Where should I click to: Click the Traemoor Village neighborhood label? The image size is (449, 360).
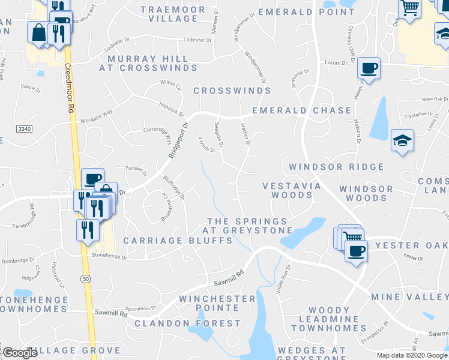point(169,14)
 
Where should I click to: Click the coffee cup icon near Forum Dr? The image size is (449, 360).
point(369,67)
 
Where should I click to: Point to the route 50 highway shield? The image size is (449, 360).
point(86,278)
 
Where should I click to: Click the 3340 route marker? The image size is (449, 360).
point(25,129)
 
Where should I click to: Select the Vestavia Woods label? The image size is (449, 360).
point(291,191)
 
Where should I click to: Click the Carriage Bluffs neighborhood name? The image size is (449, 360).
point(178,241)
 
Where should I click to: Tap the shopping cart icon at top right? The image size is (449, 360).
point(409,8)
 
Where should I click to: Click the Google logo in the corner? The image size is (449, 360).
point(20,353)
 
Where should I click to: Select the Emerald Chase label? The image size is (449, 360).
point(301,110)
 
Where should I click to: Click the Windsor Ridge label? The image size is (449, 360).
point(336,167)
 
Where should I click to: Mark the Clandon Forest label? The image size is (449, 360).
point(187,323)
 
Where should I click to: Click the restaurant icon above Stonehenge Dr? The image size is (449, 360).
point(88,229)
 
